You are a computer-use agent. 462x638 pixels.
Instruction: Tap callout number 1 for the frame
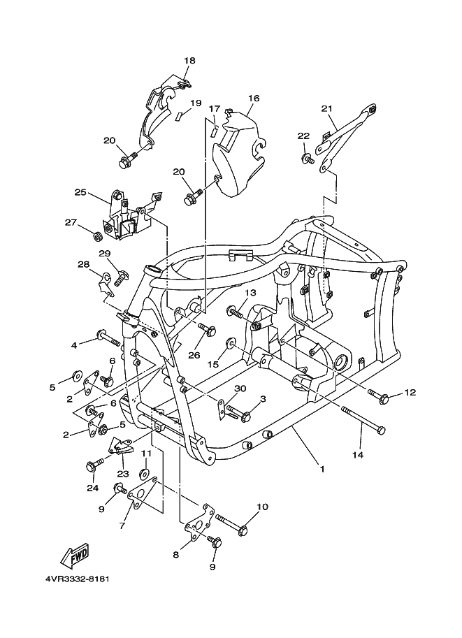(x=322, y=469)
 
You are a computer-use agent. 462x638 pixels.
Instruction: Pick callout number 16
(x=253, y=99)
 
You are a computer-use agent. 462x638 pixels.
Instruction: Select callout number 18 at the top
(x=189, y=61)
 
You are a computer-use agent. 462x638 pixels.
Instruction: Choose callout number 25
(x=80, y=192)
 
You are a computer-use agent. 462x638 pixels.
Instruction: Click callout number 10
(x=262, y=507)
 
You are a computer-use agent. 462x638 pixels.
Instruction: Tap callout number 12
(x=410, y=392)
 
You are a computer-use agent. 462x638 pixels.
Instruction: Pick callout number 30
(x=240, y=389)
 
